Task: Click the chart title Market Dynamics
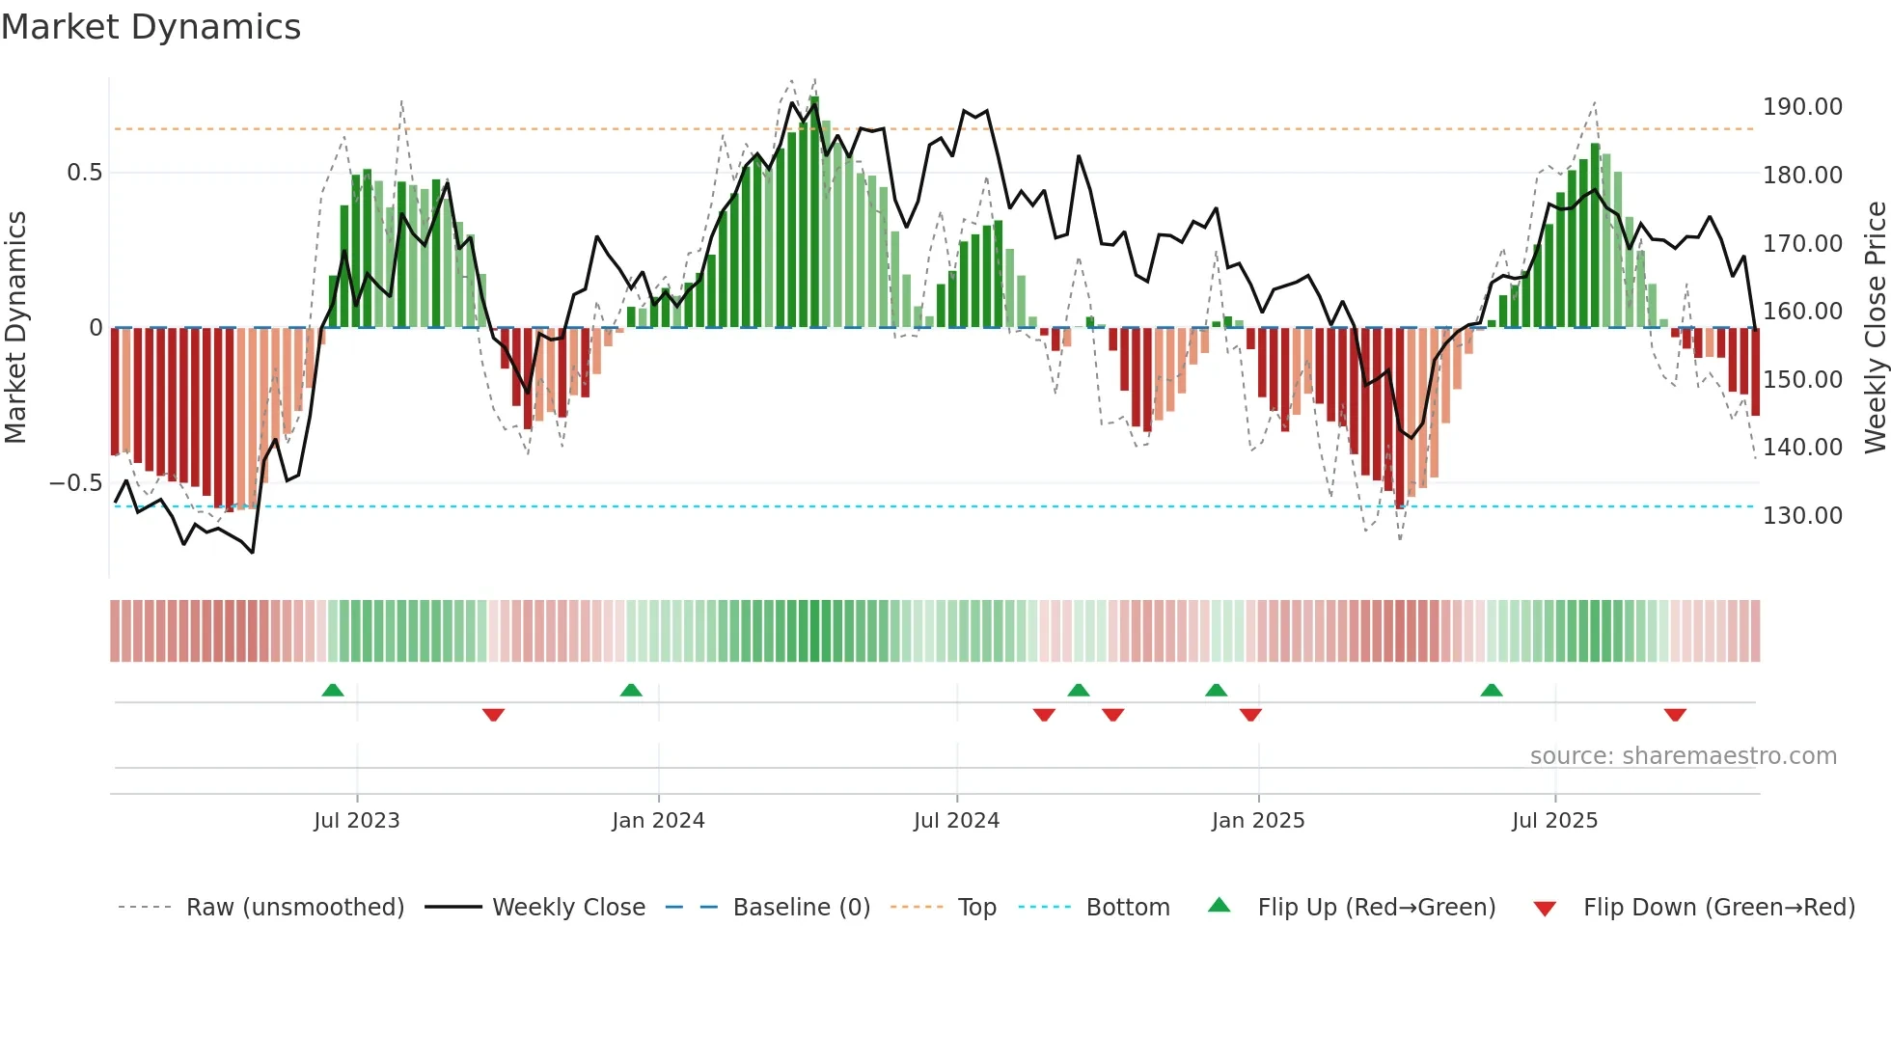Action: pos(151,27)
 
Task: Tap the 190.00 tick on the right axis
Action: pos(1802,107)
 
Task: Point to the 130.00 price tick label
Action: pos(1802,516)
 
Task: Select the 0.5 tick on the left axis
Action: pos(85,173)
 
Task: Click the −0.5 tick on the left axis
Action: pos(76,483)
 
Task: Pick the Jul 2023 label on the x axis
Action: pos(356,821)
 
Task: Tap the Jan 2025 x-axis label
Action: pos(1257,821)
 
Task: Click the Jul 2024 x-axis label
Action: pos(956,821)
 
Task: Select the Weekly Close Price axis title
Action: pos(1875,327)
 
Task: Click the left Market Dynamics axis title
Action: pos(15,327)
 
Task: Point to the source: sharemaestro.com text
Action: pos(1683,756)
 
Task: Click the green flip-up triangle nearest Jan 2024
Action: pos(631,690)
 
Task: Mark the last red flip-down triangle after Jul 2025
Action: pos(1675,715)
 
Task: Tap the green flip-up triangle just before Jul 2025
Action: pos(1492,690)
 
